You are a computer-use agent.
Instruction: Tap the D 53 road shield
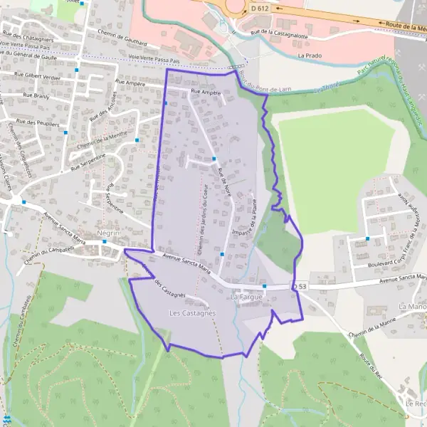(x=300, y=286)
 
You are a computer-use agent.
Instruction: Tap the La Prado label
(x=310, y=55)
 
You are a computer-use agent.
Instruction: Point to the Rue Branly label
(x=35, y=94)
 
